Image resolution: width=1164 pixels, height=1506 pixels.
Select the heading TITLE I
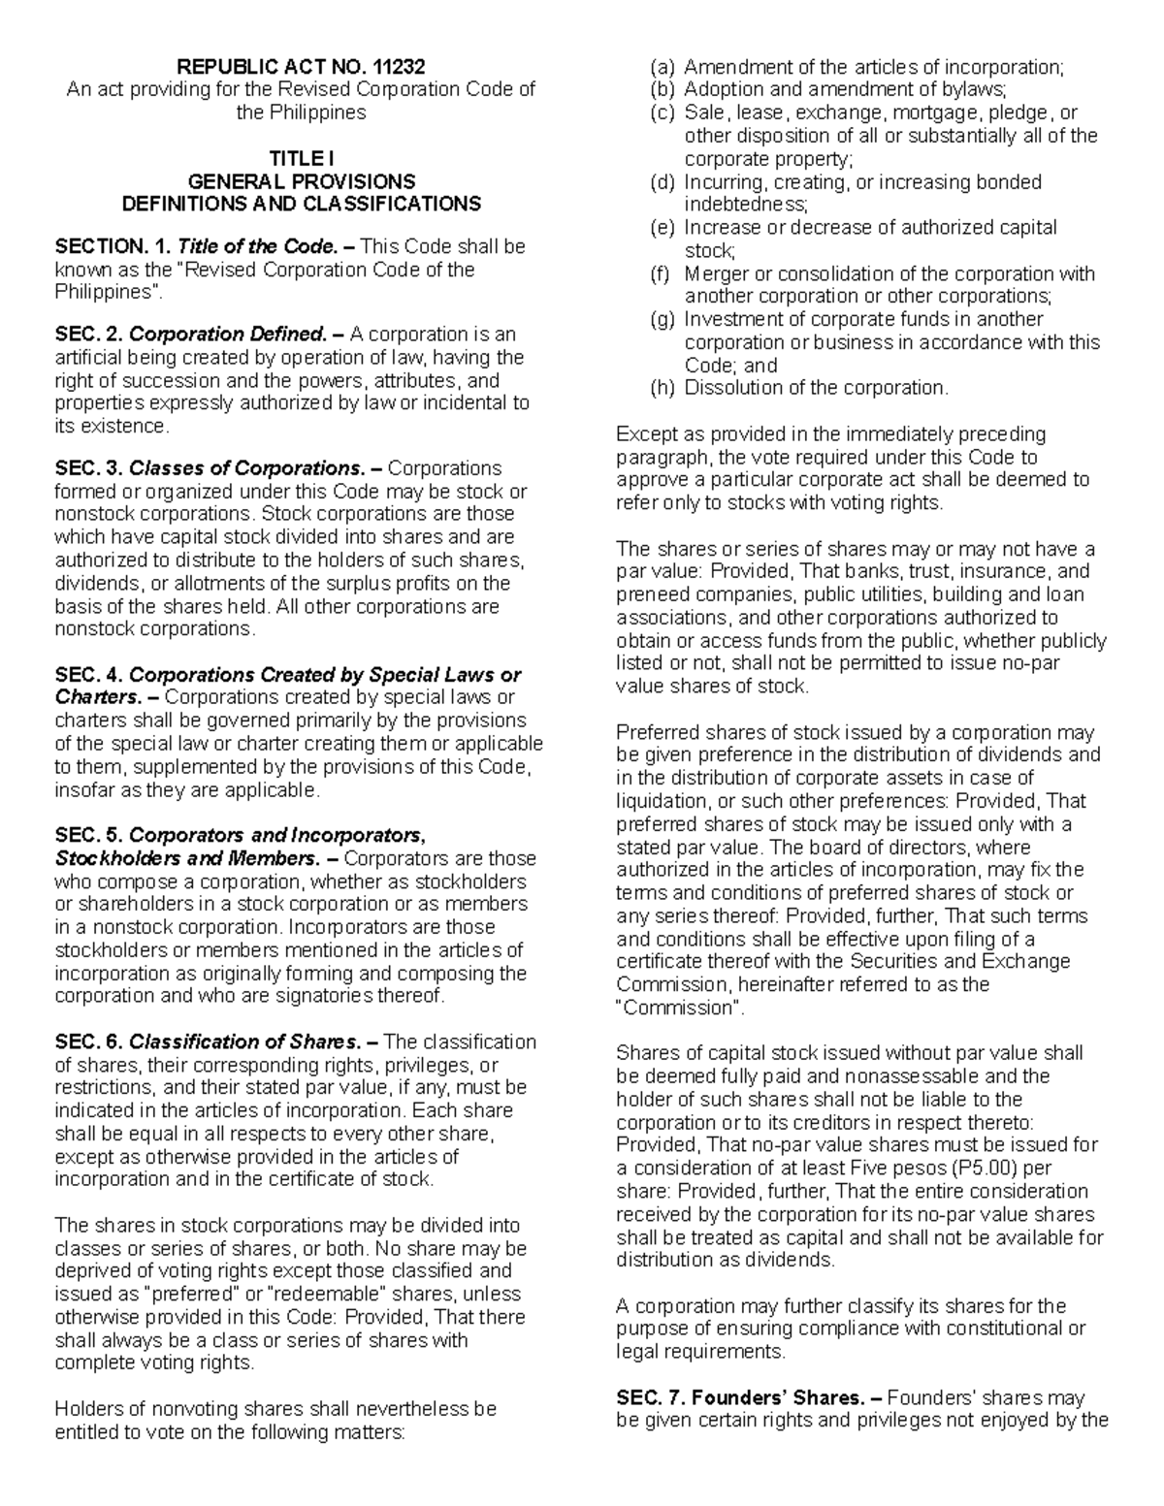click(301, 158)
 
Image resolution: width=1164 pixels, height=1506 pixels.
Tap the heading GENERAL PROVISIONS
click(301, 181)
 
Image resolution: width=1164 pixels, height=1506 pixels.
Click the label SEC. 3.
click(88, 468)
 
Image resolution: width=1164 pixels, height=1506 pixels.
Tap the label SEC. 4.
click(88, 675)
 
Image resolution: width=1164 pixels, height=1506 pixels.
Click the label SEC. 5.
click(88, 835)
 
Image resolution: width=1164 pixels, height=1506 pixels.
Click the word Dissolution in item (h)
click(727, 388)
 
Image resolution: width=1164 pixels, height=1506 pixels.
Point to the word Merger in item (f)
click(717, 273)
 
